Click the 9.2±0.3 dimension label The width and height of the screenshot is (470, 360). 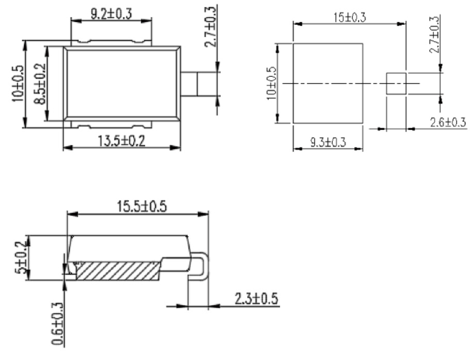(x=111, y=13)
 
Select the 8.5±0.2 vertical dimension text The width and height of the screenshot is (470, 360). (x=39, y=84)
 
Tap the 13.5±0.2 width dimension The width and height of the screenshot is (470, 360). (x=121, y=140)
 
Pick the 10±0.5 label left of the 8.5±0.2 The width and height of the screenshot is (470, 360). (x=18, y=84)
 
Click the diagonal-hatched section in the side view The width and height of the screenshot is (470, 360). (x=116, y=270)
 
